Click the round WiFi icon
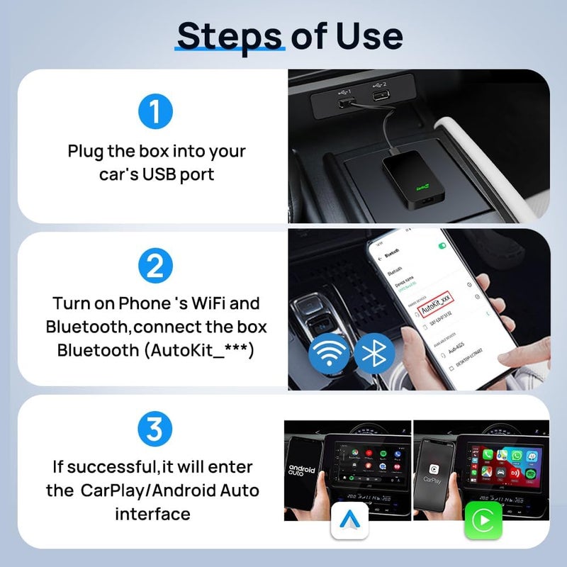tap(329, 353)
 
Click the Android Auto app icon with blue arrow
tap(349, 522)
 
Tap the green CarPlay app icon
tap(483, 522)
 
